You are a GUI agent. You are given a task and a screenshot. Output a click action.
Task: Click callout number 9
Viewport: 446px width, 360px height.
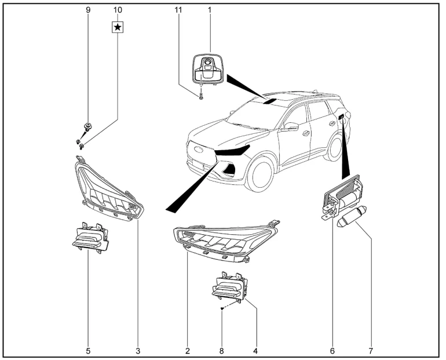pos(88,10)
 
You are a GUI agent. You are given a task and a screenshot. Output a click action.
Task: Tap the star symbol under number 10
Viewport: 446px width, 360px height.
pos(118,27)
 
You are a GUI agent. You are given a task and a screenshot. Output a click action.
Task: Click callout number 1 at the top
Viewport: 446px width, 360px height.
pos(210,10)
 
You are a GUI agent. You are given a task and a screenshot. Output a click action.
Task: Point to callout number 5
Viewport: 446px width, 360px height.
pos(88,351)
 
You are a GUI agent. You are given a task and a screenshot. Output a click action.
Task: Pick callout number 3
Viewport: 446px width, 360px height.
pos(138,351)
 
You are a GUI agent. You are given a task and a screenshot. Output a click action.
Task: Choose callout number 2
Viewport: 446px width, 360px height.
pos(188,351)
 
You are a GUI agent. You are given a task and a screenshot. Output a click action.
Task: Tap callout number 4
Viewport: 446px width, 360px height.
pos(255,351)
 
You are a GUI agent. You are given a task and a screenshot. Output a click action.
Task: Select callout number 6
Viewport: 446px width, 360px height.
pos(332,351)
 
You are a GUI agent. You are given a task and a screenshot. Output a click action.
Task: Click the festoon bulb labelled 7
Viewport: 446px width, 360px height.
pos(349,220)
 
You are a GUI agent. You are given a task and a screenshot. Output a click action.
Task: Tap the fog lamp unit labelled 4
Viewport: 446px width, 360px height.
pos(230,288)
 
